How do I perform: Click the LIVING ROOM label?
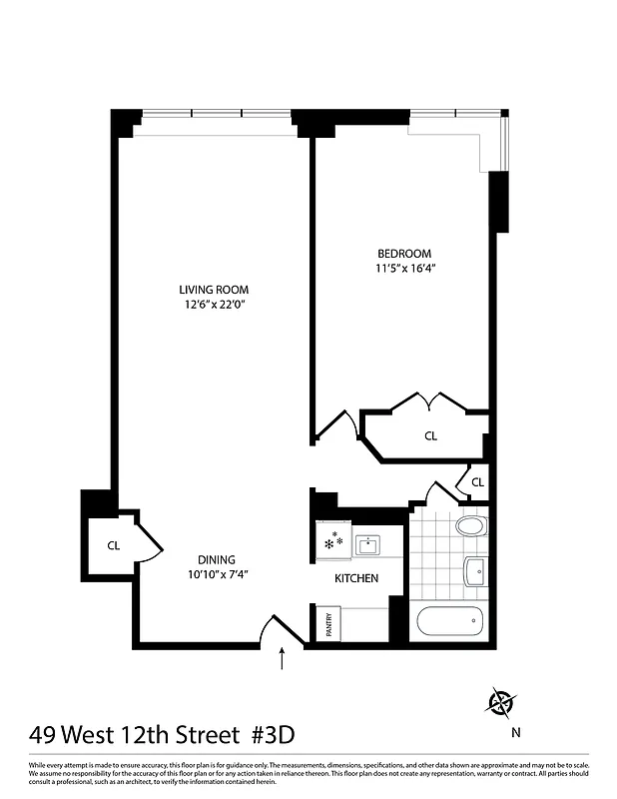pyautogui.click(x=207, y=290)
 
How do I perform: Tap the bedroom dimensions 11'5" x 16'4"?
pyautogui.click(x=405, y=268)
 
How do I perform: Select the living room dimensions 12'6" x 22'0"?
pyautogui.click(x=207, y=306)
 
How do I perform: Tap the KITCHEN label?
pyautogui.click(x=355, y=578)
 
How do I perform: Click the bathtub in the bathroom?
pyautogui.click(x=446, y=623)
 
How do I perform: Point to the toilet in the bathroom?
pyautogui.click(x=469, y=526)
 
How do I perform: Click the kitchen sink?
pyautogui.click(x=368, y=544)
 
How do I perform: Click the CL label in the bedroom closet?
pyautogui.click(x=430, y=435)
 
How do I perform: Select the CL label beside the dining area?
pyautogui.click(x=114, y=545)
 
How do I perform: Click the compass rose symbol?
pyautogui.click(x=501, y=703)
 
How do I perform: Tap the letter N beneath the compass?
pyautogui.click(x=515, y=732)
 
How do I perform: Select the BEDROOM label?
pyautogui.click(x=404, y=253)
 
